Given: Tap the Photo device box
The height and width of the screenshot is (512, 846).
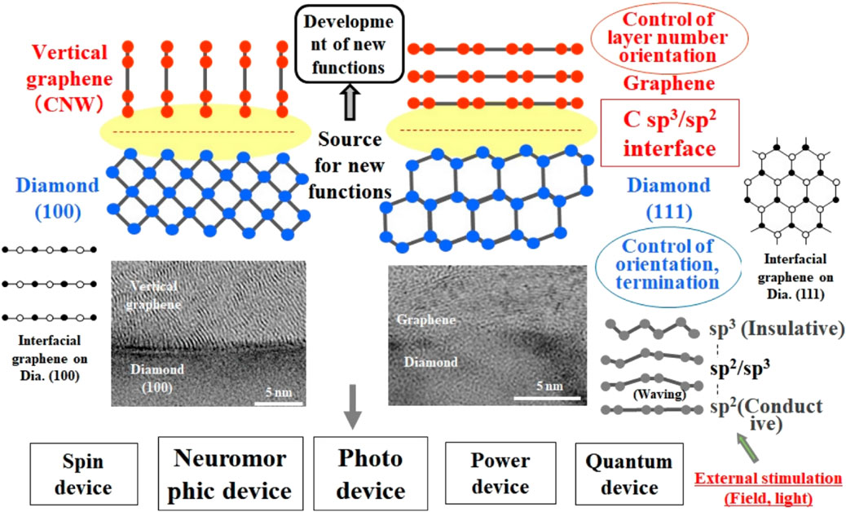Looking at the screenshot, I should click(372, 474).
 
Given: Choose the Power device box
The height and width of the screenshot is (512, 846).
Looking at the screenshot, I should click(500, 474).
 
